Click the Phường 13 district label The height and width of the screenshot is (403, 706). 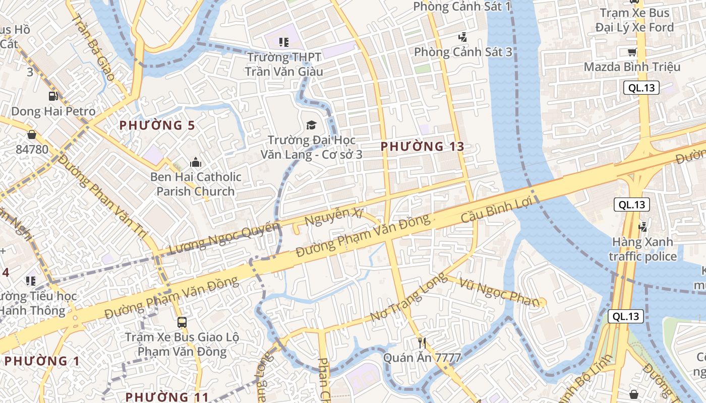click(422, 147)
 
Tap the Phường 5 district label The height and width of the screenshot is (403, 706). click(157, 125)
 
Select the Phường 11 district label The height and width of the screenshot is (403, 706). click(167, 397)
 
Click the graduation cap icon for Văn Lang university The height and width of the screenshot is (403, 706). click(311, 125)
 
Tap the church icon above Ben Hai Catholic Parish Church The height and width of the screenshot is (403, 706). click(195, 162)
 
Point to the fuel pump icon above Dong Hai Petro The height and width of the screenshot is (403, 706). click(53, 96)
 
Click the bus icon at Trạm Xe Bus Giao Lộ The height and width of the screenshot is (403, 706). click(182, 322)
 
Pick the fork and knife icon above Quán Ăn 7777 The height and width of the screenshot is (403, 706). click(423, 344)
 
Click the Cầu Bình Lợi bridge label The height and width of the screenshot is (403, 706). click(497, 212)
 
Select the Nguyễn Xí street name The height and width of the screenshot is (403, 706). click(334, 218)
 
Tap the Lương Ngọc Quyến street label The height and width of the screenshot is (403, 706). click(224, 238)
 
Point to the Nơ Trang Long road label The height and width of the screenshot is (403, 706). click(408, 297)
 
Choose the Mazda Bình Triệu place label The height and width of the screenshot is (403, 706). click(632, 67)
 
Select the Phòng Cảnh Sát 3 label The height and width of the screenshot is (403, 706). click(463, 52)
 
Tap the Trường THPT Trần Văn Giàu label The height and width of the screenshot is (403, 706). click(284, 64)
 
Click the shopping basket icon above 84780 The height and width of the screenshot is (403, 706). click(32, 135)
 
